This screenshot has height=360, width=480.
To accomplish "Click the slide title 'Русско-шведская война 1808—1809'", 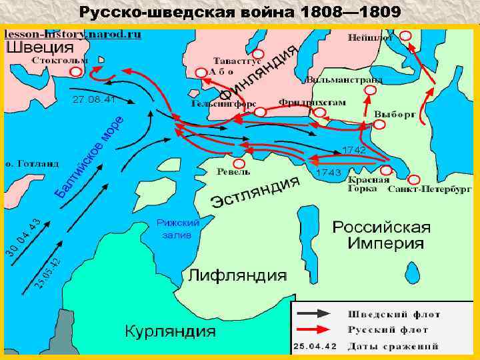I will (x=240, y=12).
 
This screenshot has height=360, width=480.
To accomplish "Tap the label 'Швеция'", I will (x=40, y=47).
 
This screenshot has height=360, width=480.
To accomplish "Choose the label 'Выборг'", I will (x=395, y=114).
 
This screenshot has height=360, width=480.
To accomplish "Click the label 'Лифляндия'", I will (x=237, y=275).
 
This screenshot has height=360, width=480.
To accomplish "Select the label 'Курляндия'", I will (x=171, y=331).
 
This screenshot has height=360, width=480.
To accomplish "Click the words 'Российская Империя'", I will (x=381, y=235).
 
